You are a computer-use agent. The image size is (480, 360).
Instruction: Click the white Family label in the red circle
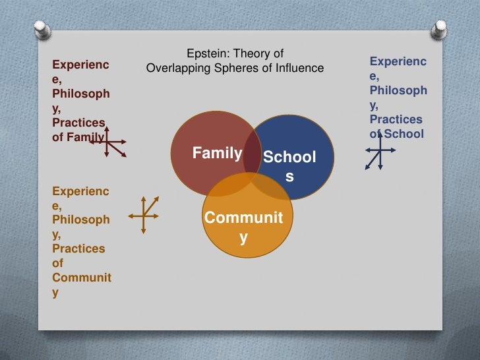217,154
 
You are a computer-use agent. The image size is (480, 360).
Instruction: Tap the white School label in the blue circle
289,158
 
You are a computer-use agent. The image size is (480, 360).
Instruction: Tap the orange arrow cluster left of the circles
143,214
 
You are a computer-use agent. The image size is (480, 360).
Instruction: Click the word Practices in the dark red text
78,123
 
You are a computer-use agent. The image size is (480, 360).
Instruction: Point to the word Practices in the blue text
396,119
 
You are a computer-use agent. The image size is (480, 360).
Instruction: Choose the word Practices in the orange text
78,249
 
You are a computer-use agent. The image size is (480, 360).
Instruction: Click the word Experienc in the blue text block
398,61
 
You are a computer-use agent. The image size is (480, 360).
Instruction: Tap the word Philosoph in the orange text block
81,220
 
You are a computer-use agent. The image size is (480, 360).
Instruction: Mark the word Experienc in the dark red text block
80,65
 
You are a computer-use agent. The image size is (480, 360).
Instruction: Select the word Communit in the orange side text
82,278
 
